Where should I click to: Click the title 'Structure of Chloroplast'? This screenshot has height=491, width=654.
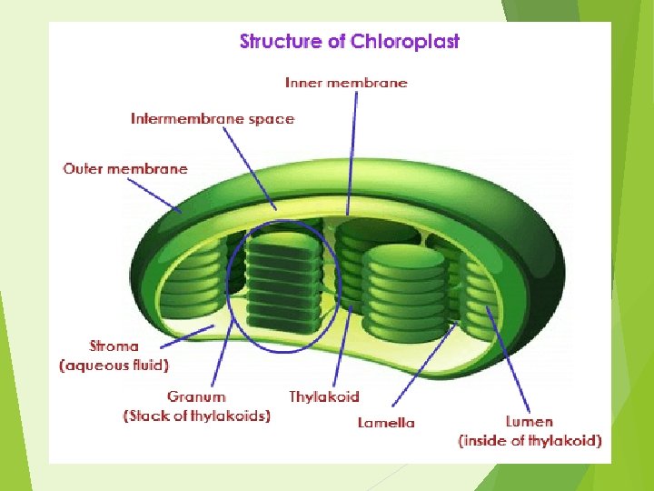350,42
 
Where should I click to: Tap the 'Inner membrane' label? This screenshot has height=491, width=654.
346,83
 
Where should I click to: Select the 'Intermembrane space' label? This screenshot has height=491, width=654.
213,119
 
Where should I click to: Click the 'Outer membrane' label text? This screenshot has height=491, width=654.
125,169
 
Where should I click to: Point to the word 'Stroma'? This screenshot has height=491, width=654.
114,346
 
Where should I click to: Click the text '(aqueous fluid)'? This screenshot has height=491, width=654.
114,366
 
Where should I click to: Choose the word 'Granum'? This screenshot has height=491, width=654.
196,396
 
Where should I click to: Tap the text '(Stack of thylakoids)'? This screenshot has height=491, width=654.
197,416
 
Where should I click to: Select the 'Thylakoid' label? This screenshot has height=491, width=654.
324,396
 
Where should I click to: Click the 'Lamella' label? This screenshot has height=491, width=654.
386,423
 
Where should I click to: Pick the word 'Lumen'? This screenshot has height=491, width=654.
530,421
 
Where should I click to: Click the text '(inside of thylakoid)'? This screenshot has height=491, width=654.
530,441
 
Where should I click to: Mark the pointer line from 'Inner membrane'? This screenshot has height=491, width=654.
352,154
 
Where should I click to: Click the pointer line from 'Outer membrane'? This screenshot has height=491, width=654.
154,195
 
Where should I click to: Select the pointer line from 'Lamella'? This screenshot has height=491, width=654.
424,364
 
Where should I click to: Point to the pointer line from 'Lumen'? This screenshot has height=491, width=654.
508,359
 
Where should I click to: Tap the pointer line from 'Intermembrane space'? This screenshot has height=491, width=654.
250,168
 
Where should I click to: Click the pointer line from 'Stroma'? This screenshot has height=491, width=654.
187,336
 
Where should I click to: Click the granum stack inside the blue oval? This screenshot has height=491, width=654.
283,284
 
